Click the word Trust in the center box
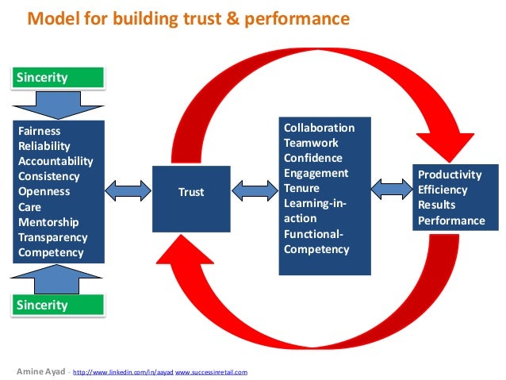[191, 192]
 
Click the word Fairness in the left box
[40, 131]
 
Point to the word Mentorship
[48, 222]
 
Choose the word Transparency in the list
[52, 237]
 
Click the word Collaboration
[319, 128]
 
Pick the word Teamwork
[311, 143]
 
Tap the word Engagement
[316, 173]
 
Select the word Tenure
[301, 188]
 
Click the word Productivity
[450, 175]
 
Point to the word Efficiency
[443, 190]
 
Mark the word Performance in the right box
[451, 221]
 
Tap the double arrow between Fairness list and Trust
[128, 190]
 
